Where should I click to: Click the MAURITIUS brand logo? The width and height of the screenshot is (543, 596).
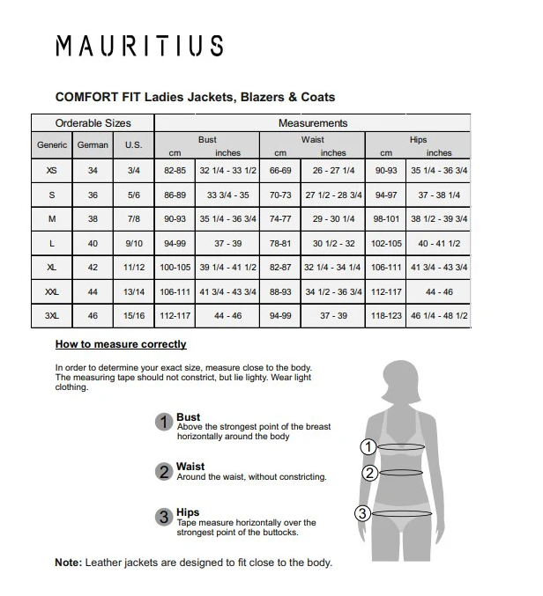(x=139, y=47)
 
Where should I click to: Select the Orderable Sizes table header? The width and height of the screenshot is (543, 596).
(x=93, y=123)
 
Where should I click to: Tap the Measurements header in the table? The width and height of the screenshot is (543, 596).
(x=313, y=123)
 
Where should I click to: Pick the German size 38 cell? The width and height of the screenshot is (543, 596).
(x=93, y=219)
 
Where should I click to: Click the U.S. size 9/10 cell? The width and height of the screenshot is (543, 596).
(x=134, y=243)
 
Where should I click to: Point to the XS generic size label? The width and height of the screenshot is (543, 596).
(x=52, y=171)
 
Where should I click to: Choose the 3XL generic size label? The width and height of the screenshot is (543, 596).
(x=52, y=315)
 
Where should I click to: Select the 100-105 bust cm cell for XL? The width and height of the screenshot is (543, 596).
(x=175, y=267)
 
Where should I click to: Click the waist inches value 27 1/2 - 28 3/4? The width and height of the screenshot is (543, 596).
(x=333, y=195)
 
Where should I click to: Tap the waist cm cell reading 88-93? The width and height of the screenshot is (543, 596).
(x=280, y=291)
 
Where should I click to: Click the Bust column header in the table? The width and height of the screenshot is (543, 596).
(x=207, y=139)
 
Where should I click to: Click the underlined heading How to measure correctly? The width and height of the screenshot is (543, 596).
(x=121, y=344)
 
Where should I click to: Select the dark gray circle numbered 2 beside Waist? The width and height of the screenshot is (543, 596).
(x=164, y=472)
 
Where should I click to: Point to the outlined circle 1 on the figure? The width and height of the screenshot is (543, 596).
(x=369, y=447)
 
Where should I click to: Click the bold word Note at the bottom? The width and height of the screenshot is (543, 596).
(x=68, y=563)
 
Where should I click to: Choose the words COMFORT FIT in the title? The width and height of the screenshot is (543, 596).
(x=93, y=97)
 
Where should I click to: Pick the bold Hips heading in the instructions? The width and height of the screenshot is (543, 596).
(x=188, y=512)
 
